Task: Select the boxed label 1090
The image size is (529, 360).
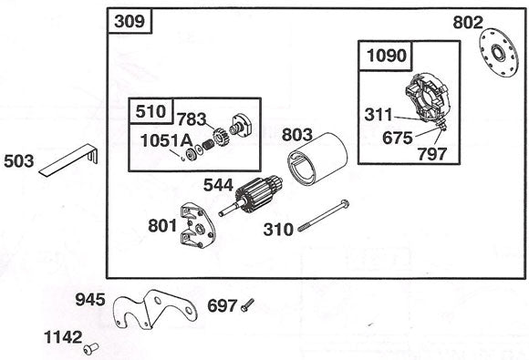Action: point(386,56)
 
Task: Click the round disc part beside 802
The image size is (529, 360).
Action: point(500,55)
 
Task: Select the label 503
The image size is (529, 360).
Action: point(19,161)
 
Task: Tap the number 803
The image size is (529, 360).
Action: point(297,135)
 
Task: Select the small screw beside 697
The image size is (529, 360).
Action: point(247,306)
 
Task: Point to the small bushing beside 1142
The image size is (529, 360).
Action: point(89,347)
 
